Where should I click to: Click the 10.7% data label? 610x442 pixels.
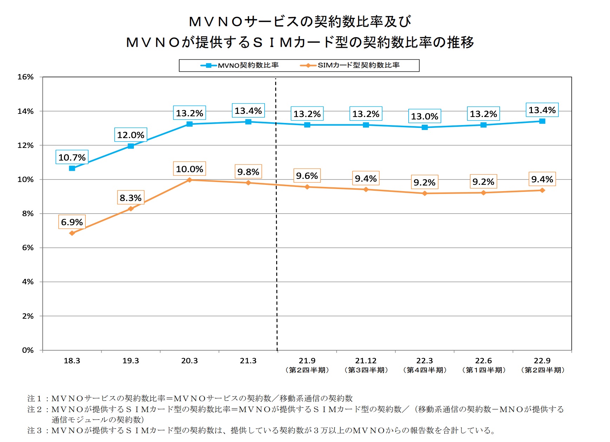(x=72, y=157)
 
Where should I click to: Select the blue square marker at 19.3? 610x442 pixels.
(x=131, y=146)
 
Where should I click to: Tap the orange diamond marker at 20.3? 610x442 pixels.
(x=189, y=180)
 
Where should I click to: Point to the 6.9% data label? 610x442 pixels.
(x=72, y=222)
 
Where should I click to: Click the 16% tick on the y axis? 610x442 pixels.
(x=26, y=77)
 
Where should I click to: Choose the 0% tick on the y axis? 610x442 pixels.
(x=28, y=350)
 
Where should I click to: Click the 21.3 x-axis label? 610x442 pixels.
(x=248, y=361)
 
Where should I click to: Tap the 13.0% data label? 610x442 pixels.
(x=424, y=116)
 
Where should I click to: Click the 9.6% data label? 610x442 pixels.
(x=307, y=176)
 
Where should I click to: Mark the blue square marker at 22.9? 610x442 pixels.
(x=542, y=121)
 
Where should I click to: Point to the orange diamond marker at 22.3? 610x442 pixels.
(x=424, y=193)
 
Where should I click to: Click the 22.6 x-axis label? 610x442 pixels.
(x=484, y=361)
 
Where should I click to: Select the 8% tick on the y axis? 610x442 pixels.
(x=28, y=214)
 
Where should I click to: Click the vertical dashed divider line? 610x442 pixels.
(x=276, y=246)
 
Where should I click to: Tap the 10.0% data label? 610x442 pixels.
(x=189, y=169)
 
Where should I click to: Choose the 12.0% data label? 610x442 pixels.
(x=131, y=135)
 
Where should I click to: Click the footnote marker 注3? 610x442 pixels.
(x=34, y=430)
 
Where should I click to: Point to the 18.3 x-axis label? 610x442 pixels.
(x=72, y=361)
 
